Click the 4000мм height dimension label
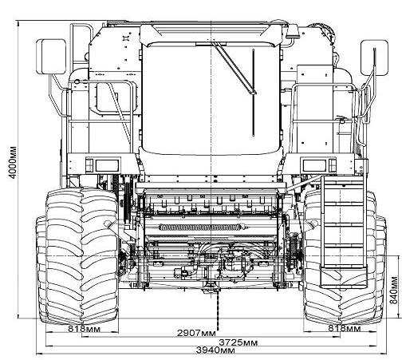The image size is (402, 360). pyautogui.click(x=13, y=163)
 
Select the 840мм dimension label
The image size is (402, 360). pyautogui.click(x=394, y=290)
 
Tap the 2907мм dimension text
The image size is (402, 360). pyautogui.click(x=196, y=333)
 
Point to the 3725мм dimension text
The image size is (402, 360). pyautogui.click(x=238, y=342)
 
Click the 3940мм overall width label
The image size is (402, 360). pyautogui.click(x=215, y=350)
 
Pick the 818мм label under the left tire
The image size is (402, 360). pyautogui.click(x=85, y=329)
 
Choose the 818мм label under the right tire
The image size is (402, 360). pyautogui.click(x=345, y=329)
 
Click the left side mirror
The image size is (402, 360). pyautogui.click(x=51, y=57)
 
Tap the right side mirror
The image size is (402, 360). pyautogui.click(x=374, y=57)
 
